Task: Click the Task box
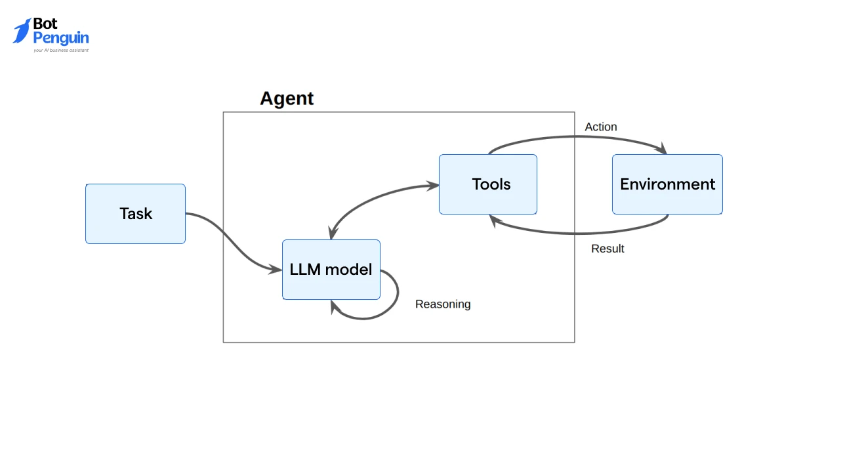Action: (135, 214)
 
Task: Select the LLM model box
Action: (331, 270)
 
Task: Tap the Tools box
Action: (488, 184)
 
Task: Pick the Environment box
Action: (667, 184)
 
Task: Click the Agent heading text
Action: (287, 98)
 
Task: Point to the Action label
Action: (601, 127)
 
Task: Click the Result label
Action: (608, 249)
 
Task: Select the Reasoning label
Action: (443, 304)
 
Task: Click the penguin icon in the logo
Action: (22, 31)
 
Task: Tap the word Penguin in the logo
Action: (61, 38)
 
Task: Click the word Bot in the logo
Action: (45, 24)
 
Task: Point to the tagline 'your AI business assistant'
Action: (61, 50)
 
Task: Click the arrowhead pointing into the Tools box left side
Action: (433, 186)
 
